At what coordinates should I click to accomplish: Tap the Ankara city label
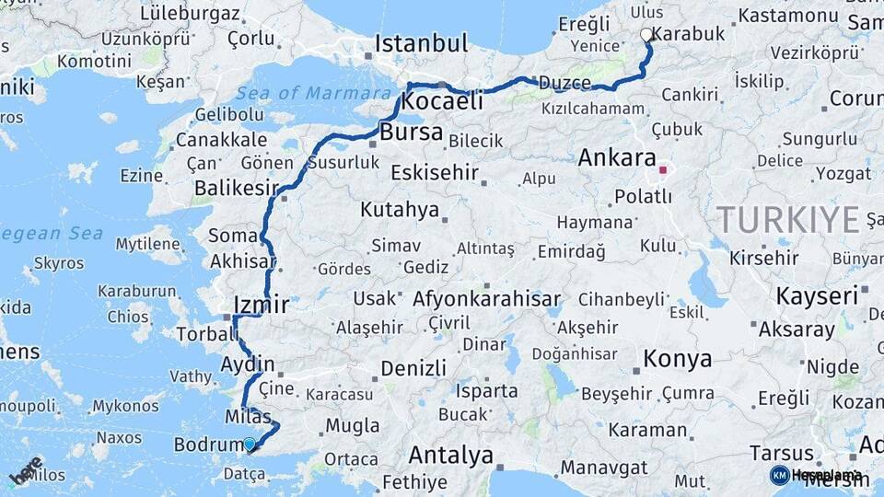tap(617, 157)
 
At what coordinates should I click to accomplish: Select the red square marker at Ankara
tap(662, 170)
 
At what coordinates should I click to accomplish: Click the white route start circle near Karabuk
tap(646, 35)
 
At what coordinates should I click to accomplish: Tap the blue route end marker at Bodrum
tap(249, 444)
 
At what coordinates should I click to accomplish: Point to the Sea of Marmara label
tap(313, 93)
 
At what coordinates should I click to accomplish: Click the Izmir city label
tap(262, 305)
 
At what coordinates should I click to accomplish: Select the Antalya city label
tap(450, 455)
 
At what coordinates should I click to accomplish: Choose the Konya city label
tap(677, 359)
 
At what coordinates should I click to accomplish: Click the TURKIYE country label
tap(789, 220)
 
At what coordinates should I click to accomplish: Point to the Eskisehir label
tap(435, 172)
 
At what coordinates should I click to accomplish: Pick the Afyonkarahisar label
tap(487, 299)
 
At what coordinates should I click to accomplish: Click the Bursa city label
tap(411, 133)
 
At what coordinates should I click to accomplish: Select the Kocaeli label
tap(442, 101)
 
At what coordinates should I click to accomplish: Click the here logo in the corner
tap(25, 470)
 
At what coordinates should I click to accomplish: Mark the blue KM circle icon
tap(779, 475)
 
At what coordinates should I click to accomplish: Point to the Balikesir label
tap(236, 188)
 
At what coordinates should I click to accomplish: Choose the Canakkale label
tap(208, 141)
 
